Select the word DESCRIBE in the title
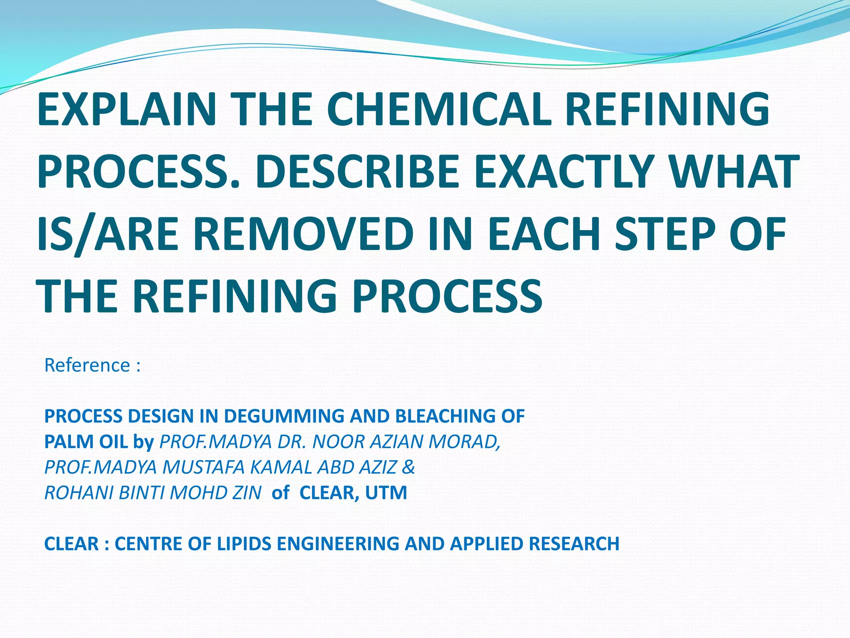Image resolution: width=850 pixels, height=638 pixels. [357, 171]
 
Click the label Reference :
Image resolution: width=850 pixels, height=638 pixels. [92, 365]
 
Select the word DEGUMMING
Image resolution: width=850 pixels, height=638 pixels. [285, 416]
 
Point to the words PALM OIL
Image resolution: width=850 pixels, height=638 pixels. [86, 442]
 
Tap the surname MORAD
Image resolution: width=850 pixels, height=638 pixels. [464, 442]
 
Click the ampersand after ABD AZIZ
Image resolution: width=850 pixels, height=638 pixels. [408, 467]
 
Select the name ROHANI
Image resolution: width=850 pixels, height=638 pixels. [79, 493]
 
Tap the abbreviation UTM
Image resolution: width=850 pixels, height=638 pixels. [386, 493]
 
